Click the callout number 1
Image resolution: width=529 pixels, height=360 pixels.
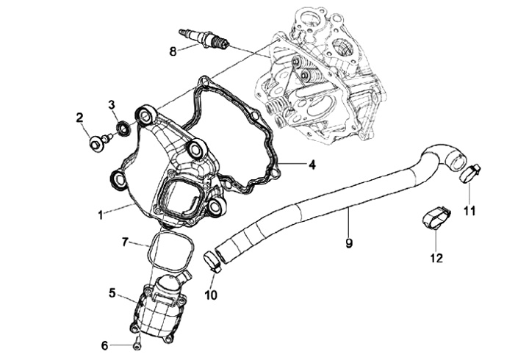pos(101,216)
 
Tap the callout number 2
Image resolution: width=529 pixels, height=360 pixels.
pos(79,118)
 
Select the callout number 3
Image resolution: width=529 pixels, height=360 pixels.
pos(112,105)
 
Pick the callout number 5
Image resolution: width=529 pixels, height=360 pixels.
pos(112,292)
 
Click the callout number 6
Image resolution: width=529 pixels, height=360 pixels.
pos(104,345)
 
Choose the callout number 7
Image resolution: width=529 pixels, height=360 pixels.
pos(126,241)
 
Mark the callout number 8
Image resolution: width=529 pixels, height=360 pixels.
pos(173,51)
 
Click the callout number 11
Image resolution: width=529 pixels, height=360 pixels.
pos(470,211)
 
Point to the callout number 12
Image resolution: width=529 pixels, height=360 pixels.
pos(437,257)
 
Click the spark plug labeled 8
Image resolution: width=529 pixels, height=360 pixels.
pos(205,38)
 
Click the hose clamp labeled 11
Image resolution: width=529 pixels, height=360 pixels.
pos(469,174)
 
